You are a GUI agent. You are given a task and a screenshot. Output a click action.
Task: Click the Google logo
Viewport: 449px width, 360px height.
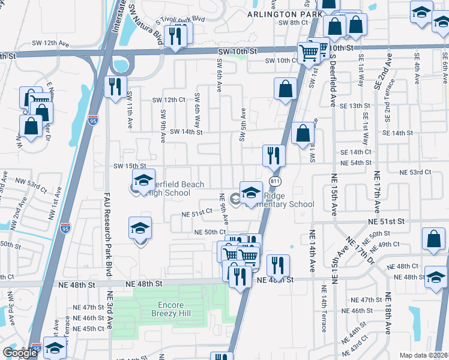pyautogui.click(x=20, y=353)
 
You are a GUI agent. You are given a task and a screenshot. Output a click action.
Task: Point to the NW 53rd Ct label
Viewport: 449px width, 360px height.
pyautogui.click(x=31, y=184)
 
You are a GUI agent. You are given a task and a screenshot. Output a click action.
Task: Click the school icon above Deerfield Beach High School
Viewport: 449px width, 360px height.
pyautogui.click(x=143, y=181)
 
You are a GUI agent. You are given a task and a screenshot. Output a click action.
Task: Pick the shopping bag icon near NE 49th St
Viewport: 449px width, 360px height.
pyautogui.click(x=433, y=239)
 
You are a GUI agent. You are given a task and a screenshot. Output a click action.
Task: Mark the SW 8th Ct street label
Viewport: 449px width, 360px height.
pyautogui.click(x=293, y=23)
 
